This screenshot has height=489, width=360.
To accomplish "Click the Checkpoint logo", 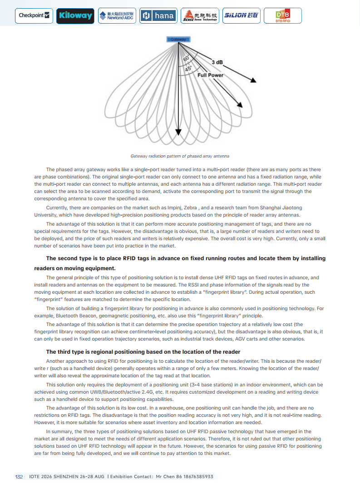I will tap(34, 15).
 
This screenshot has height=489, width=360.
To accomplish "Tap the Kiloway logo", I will tap(75, 16).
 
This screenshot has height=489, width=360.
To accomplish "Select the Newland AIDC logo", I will tap(117, 16).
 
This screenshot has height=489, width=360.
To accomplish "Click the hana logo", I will tap(158, 16).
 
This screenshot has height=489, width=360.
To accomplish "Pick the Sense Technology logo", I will tap(200, 16).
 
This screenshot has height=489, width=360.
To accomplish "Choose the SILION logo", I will tap(241, 16).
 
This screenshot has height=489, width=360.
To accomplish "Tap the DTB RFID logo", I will tap(282, 16).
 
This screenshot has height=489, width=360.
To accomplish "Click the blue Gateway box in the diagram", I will tap(178, 40).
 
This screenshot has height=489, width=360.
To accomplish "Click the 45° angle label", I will tap(187, 69).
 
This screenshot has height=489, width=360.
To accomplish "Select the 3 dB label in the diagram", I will tap(217, 62).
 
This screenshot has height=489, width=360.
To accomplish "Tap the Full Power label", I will tap(210, 75).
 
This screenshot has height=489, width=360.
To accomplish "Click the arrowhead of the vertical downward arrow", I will tap(178, 132).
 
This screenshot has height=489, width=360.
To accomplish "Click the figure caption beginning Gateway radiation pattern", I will tap(180, 156).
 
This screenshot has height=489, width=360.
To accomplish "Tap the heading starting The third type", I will tap(143, 352).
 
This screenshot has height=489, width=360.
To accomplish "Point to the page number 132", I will tap(19, 477).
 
